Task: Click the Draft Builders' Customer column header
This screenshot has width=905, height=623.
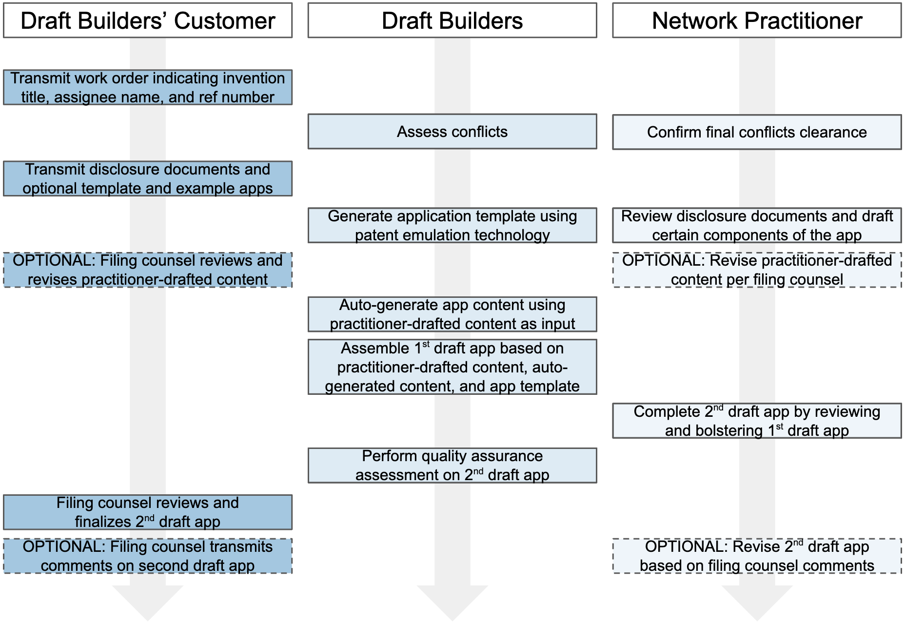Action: tap(148, 20)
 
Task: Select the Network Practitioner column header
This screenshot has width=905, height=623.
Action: tap(757, 20)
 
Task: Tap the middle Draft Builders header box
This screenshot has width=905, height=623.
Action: tap(452, 20)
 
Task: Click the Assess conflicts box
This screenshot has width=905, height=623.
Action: tap(452, 132)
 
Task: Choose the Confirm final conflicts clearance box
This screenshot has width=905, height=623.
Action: tap(757, 132)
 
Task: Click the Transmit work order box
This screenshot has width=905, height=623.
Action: tap(148, 87)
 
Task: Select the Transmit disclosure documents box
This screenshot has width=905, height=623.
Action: tap(148, 178)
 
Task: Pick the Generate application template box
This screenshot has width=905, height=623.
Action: tap(452, 225)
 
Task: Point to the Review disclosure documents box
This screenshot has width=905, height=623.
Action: tap(757, 225)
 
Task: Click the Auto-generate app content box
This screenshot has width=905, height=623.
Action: tap(452, 314)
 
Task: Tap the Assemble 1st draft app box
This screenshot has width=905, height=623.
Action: tap(452, 367)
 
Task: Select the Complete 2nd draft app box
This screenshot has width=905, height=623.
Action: tap(757, 421)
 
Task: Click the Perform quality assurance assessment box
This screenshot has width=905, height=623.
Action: tap(452, 466)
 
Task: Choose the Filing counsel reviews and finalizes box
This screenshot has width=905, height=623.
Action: tap(148, 512)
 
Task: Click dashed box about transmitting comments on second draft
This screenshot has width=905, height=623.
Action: tap(148, 556)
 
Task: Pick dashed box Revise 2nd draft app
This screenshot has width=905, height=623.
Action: tap(757, 556)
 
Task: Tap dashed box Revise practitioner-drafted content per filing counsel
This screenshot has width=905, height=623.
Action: tap(757, 270)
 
